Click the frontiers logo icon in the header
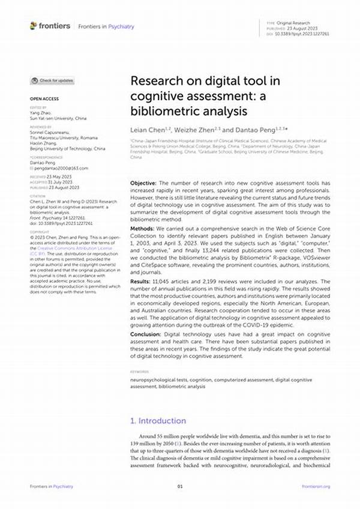33,26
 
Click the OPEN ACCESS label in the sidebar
43,98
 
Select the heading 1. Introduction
158,421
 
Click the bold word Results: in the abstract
142,282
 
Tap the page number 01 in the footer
179,486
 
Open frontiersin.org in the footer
316,486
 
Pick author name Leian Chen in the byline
147,130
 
